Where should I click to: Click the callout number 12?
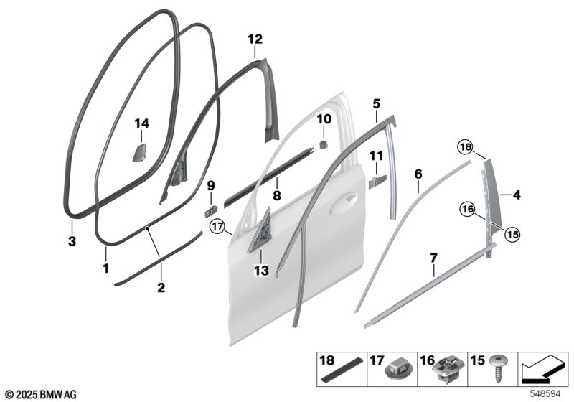(255, 39)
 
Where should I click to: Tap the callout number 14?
(141, 123)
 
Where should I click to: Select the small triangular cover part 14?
(139, 152)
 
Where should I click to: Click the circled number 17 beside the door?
(217, 227)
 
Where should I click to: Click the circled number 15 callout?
(513, 234)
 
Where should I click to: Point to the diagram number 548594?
(545, 394)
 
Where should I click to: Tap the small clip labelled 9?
(210, 211)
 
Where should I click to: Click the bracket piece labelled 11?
(377, 181)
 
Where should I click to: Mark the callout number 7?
(433, 258)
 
